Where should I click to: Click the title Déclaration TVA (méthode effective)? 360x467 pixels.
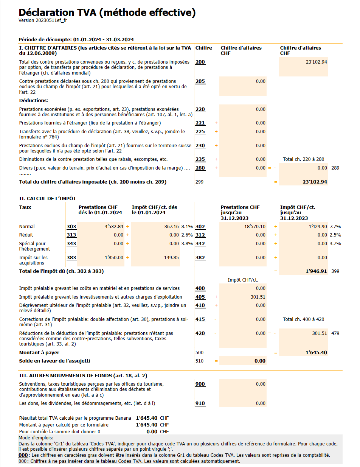[107, 12]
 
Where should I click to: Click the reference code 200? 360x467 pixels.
[200, 62]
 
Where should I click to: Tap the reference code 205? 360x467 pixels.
[200, 81]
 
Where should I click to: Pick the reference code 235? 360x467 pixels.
[200, 159]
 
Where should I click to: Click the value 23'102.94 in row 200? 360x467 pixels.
[316, 62]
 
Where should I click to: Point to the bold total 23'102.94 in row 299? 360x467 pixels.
[315, 182]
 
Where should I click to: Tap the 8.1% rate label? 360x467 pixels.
[187, 227]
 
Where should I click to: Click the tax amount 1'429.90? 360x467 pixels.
[314, 227]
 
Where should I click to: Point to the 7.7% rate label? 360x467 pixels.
[335, 227]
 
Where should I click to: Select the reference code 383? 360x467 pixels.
[71, 258]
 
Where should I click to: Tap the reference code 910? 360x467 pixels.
[200, 403]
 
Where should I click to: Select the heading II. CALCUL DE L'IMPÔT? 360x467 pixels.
[48, 199]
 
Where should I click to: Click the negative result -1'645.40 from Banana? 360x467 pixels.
[146, 418]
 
